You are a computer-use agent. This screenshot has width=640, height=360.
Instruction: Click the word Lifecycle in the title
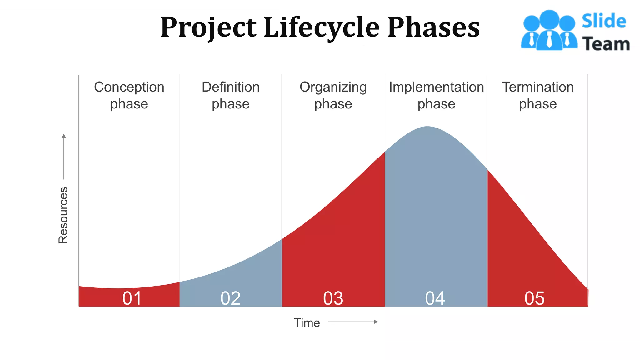[x=322, y=27]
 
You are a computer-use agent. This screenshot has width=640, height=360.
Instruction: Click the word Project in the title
[x=208, y=27]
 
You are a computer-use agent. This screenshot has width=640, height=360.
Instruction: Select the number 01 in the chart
[x=132, y=298]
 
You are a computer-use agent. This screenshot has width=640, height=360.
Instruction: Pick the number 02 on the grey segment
[x=230, y=298]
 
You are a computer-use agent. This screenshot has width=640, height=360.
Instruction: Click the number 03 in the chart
[x=333, y=298]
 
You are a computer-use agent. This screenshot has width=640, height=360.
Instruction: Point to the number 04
[x=435, y=298]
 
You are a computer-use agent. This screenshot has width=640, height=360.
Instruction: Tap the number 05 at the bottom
[x=534, y=298]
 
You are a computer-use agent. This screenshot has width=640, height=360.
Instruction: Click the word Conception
[x=129, y=87]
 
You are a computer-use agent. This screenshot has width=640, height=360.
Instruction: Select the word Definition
[x=231, y=87]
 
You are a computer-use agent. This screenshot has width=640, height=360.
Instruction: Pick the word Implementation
[x=436, y=87]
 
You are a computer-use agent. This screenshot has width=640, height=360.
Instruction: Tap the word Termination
[x=538, y=87]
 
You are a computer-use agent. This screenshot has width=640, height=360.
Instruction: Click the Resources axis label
[x=63, y=215]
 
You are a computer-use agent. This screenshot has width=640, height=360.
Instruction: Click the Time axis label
[x=307, y=323]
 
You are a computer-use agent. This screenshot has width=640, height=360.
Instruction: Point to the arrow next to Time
[x=353, y=322]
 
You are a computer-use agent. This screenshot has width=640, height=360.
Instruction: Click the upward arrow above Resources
[x=64, y=156]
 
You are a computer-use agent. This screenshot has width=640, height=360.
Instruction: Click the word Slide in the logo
[x=604, y=21]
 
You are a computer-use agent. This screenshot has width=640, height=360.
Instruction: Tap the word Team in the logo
[x=606, y=44]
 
